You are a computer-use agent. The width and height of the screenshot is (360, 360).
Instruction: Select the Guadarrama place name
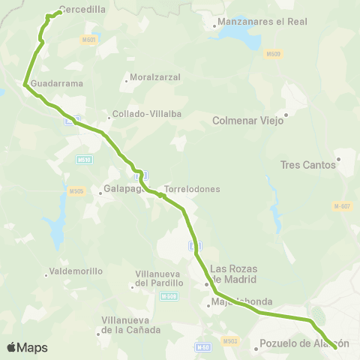click(x=57, y=84)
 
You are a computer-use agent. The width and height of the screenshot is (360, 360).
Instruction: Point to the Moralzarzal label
click(x=151, y=77)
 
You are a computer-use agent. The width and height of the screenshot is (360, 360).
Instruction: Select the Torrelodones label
click(x=192, y=189)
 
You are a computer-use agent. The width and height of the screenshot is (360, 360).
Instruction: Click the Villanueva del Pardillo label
click(x=159, y=278)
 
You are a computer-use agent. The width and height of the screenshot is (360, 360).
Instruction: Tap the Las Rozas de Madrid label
click(x=234, y=274)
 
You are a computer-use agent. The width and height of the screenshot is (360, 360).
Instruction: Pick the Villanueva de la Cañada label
click(x=131, y=325)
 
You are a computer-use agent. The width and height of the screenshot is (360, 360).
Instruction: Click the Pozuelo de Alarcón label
click(x=304, y=344)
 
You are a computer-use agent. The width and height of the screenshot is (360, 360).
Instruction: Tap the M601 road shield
click(x=89, y=39)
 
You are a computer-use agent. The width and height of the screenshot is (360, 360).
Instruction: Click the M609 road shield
click(x=273, y=54)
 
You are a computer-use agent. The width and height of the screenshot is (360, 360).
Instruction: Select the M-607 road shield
click(x=342, y=206)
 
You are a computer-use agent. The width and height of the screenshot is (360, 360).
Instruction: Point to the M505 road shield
click(x=76, y=191)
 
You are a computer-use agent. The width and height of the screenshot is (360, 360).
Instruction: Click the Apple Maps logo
click(x=27, y=347)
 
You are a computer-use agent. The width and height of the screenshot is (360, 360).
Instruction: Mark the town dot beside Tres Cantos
click(x=339, y=159)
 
